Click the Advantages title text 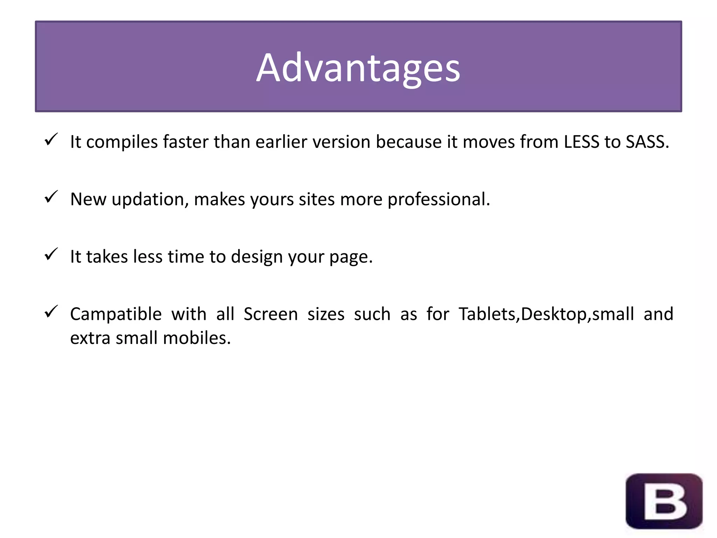358,68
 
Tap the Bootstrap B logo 664,501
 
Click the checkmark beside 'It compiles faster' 51,140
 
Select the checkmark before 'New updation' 51,197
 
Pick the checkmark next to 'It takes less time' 51,255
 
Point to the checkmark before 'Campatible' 51,312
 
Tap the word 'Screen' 270,314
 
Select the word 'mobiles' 196,338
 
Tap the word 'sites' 316,200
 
